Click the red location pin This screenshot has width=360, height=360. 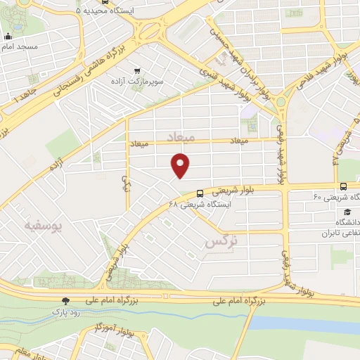(181, 165)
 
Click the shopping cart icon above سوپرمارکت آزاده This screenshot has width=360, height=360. (136, 70)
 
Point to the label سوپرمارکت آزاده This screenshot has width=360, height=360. (136, 82)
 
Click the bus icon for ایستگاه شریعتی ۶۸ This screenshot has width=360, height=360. (200, 193)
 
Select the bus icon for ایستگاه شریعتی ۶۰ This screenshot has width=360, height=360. (342, 186)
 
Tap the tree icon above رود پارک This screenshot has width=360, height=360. (66, 299)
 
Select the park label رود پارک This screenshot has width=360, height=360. (65, 309)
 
